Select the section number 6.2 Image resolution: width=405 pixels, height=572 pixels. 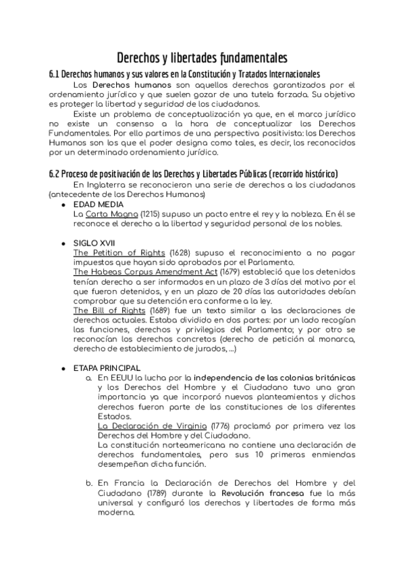56,174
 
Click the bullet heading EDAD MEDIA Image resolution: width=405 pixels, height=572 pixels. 99,204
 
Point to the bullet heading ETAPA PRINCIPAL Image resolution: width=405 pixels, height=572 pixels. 107,368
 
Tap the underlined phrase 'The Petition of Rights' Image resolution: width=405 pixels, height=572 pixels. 119,252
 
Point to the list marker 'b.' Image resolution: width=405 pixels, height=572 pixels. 88,483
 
